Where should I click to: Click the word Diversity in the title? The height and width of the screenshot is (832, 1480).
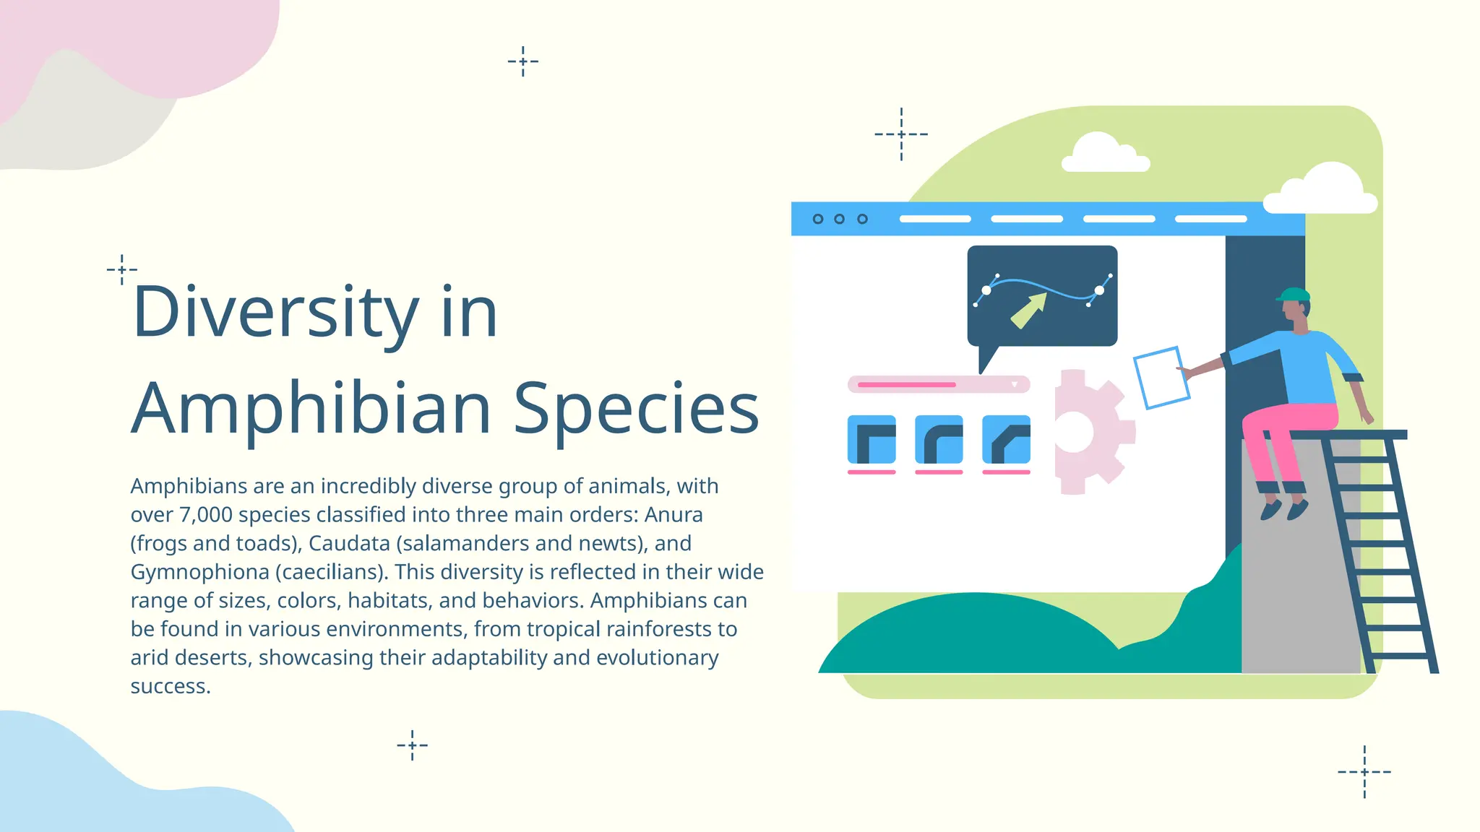[275, 312]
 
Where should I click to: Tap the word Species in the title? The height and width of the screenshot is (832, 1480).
[636, 409]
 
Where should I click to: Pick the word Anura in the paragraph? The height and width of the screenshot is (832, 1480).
[674, 515]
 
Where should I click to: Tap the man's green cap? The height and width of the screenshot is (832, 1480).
[1294, 295]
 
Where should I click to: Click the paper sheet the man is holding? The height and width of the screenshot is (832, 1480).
[1161, 377]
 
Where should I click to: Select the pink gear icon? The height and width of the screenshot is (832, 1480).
[1088, 432]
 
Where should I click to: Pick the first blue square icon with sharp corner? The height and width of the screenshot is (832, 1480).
[872, 439]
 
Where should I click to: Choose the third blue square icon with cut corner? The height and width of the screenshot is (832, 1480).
[1006, 439]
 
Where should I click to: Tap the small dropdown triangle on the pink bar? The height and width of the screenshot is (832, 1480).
[1015, 384]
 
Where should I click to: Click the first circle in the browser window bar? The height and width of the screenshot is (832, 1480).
[818, 219]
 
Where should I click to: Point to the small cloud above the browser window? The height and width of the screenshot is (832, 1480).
[1103, 153]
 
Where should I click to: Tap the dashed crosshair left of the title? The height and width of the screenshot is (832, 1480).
[122, 269]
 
